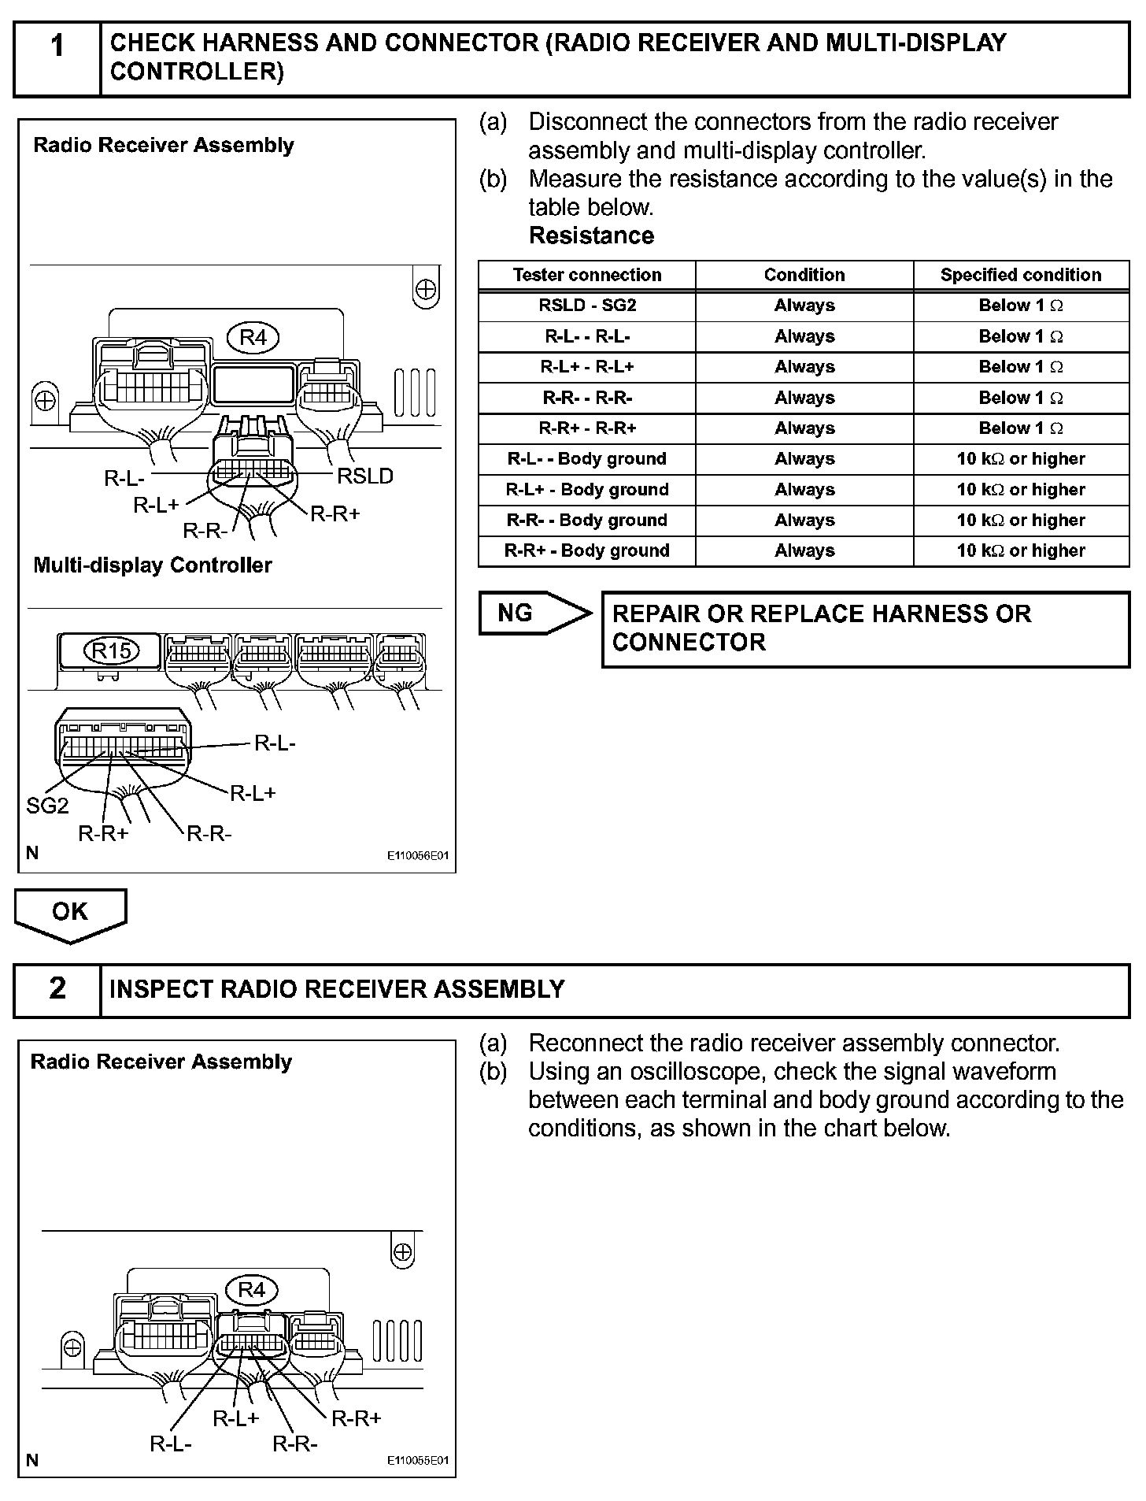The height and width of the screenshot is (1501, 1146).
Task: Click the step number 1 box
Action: click(x=57, y=58)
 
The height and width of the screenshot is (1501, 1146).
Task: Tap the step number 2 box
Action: click(x=57, y=989)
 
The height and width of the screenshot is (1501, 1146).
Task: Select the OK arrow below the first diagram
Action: click(x=70, y=913)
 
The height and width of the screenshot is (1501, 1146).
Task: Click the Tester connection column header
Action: click(x=587, y=275)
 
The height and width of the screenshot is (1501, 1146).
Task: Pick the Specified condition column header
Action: click(x=1021, y=275)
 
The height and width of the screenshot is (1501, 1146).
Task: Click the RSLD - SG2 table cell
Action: click(x=587, y=306)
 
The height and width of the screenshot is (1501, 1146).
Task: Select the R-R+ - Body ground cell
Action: click(x=587, y=550)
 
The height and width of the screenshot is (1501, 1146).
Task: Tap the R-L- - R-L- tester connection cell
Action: click(x=587, y=336)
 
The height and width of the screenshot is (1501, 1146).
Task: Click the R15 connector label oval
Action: click(x=112, y=651)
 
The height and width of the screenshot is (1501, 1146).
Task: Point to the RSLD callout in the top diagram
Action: click(x=365, y=476)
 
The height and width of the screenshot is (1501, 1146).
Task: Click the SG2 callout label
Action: click(x=47, y=806)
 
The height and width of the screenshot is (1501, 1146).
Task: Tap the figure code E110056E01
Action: click(x=417, y=856)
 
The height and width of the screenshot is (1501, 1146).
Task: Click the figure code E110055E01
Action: click(x=417, y=1461)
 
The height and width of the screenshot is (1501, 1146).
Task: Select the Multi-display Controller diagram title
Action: click(x=153, y=565)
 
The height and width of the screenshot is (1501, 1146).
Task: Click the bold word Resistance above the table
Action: click(x=591, y=235)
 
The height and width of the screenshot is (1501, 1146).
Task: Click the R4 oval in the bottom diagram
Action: click(x=251, y=1290)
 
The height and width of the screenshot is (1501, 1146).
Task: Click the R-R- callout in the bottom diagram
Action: click(x=295, y=1444)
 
